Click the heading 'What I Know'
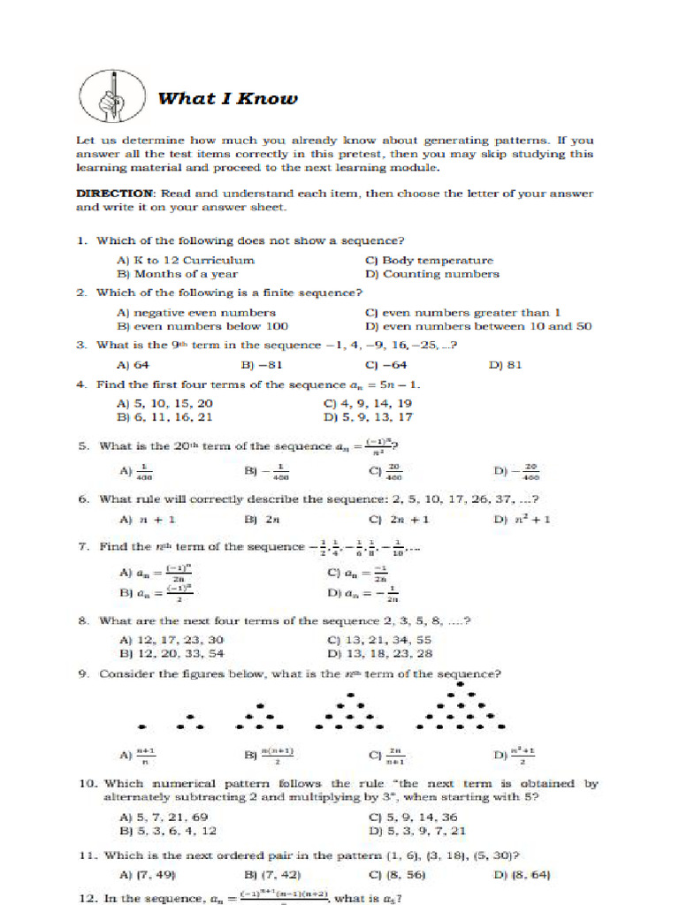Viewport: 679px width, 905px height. point(227,98)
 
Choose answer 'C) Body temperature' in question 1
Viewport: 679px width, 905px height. point(429,261)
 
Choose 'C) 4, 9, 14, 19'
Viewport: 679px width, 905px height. point(369,403)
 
